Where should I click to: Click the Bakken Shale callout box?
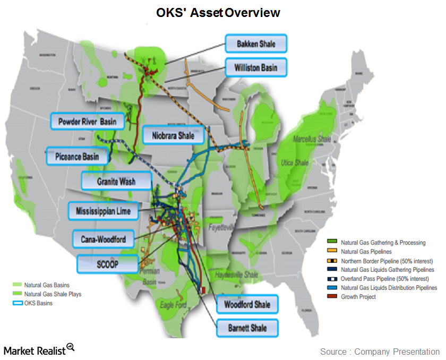256,44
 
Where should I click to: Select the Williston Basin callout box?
256,68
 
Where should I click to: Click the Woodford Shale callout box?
247,304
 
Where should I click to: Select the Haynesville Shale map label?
237,275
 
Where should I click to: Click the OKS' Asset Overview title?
218,12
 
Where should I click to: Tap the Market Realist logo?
39,349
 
